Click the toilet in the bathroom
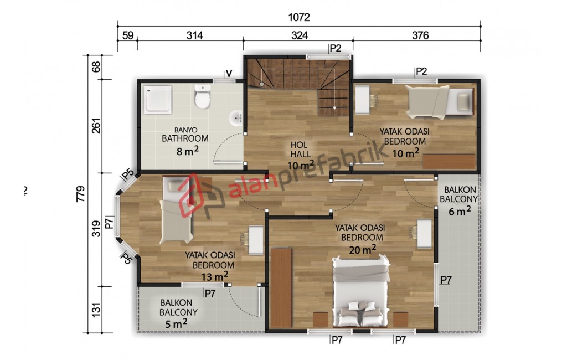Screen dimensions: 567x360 coord(202,96)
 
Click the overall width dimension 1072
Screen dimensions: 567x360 coord(299,17)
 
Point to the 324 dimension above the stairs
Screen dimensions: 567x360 coord(300,35)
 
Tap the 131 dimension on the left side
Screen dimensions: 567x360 coord(96,310)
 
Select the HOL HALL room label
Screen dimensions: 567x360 coord(299,150)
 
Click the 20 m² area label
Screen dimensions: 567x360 coord(362,249)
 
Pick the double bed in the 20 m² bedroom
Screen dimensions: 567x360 coord(360,292)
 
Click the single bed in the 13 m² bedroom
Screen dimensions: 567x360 coord(177,210)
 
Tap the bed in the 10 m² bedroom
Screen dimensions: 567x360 coord(439,102)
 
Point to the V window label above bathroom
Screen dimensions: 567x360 coord(229,74)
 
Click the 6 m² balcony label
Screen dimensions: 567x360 coord(459,210)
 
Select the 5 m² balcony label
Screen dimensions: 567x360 coord(176,323)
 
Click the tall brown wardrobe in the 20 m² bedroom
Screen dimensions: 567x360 coord(281,287)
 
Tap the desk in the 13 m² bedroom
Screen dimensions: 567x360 coord(256,240)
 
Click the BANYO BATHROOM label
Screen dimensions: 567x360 coord(185,134)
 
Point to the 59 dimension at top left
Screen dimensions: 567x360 coord(128,35)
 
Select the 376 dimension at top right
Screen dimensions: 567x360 coord(420,35)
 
